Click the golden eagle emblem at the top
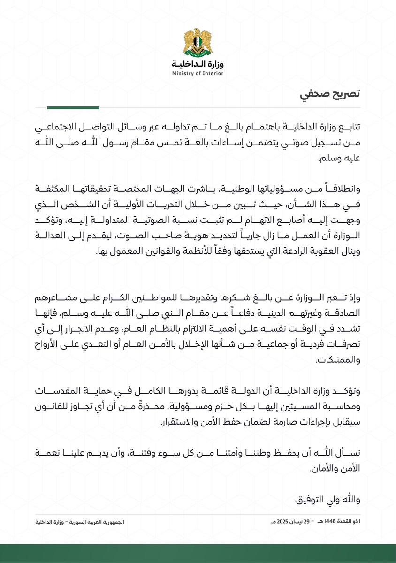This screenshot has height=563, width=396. (198, 43)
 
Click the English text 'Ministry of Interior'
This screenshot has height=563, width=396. (198, 74)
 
